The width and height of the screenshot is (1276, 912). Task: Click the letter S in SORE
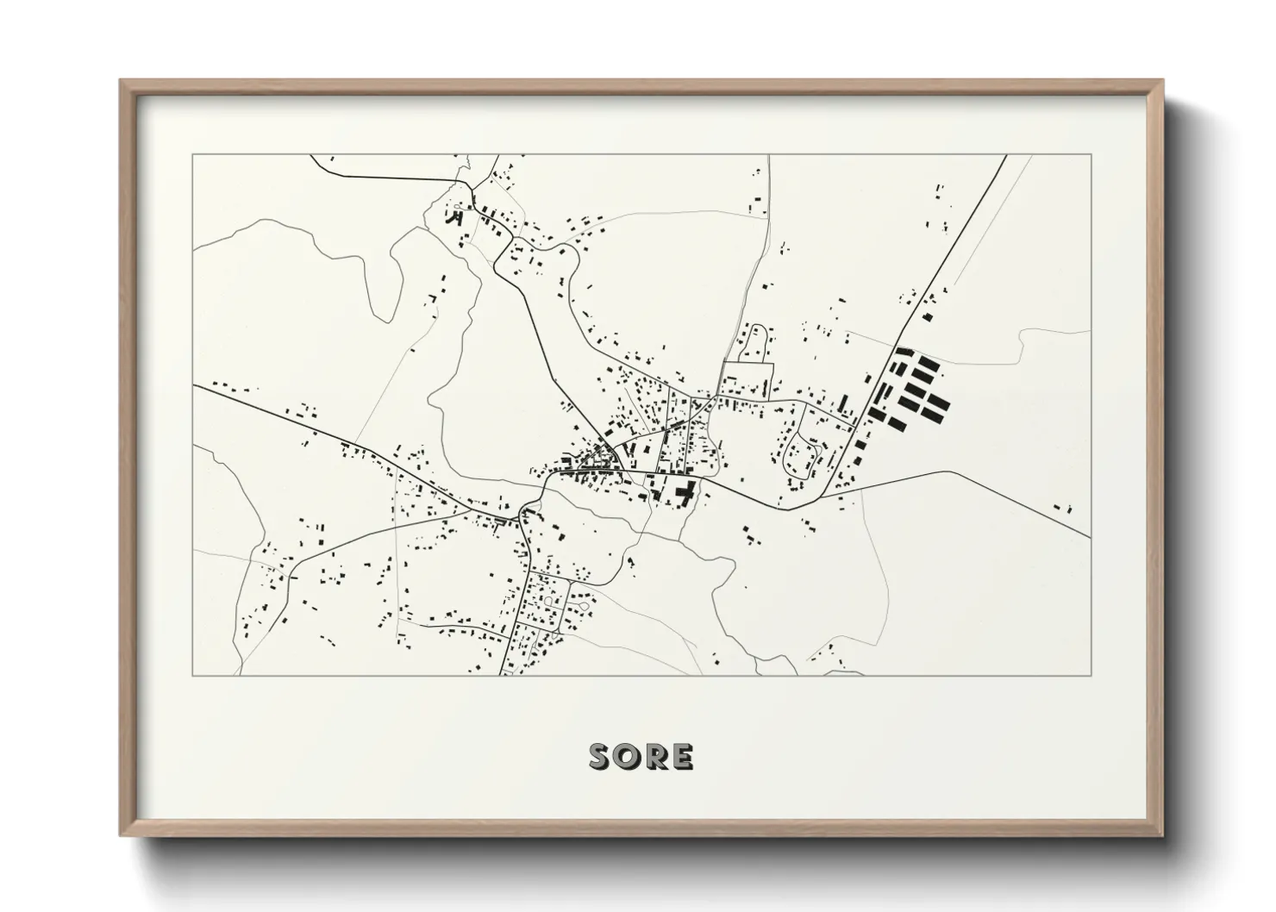point(602,757)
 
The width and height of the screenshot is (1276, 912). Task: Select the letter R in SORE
point(656,757)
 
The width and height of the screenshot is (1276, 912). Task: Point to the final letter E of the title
point(681,757)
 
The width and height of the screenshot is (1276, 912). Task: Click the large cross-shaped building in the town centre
point(686,494)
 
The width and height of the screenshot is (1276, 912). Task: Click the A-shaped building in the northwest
point(452,217)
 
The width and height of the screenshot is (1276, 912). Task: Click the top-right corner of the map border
point(1091,154)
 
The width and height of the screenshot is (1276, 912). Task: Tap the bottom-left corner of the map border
point(193,675)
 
